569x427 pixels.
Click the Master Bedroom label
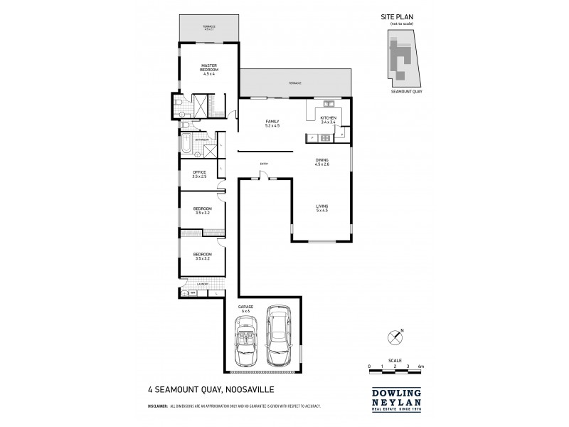point(208,69)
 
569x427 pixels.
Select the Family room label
point(272,123)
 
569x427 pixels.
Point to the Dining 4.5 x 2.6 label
point(322,162)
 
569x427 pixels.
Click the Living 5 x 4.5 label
point(322,208)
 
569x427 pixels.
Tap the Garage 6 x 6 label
point(246,309)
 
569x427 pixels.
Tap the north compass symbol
point(396,335)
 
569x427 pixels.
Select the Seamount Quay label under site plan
point(403,92)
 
